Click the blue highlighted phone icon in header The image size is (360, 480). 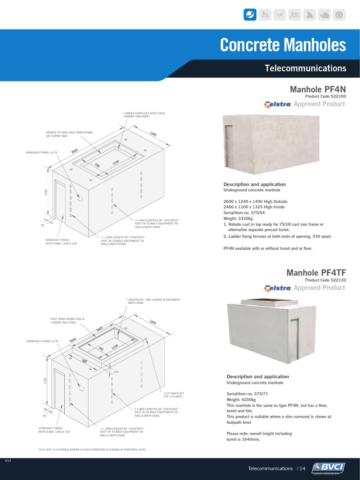(x=250, y=15)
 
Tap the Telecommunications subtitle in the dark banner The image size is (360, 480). (x=305, y=68)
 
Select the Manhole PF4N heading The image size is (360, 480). (x=318, y=89)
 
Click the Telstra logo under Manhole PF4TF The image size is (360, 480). (x=277, y=288)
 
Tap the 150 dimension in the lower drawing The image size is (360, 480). (x=115, y=372)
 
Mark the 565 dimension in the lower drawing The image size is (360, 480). (x=84, y=361)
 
